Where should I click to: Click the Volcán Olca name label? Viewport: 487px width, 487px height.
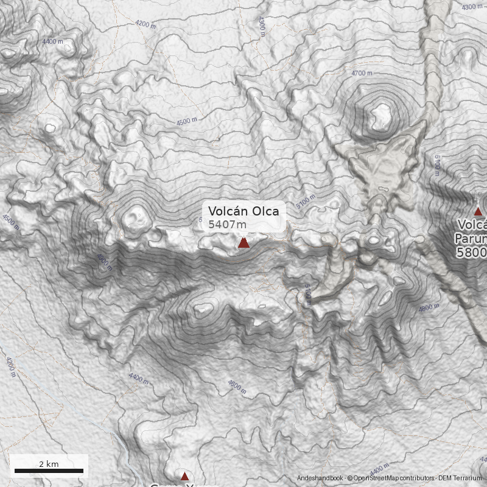243,211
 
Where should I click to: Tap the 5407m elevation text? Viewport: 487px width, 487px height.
228,225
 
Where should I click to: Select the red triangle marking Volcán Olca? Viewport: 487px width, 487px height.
243,243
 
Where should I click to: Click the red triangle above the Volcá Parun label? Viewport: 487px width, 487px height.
478,212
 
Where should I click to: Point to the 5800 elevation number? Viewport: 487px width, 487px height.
472,252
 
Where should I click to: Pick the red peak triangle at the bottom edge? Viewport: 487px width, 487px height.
184,476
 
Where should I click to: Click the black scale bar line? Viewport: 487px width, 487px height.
49,471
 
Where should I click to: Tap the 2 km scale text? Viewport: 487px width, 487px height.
49,464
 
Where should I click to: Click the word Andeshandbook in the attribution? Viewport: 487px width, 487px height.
320,478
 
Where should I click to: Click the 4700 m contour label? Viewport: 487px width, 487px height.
362,73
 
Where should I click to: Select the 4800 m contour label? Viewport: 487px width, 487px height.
429,308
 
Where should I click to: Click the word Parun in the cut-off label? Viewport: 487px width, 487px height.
470,239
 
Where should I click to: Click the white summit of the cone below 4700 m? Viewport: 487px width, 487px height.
382,114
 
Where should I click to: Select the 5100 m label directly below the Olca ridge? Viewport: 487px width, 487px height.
308,294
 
